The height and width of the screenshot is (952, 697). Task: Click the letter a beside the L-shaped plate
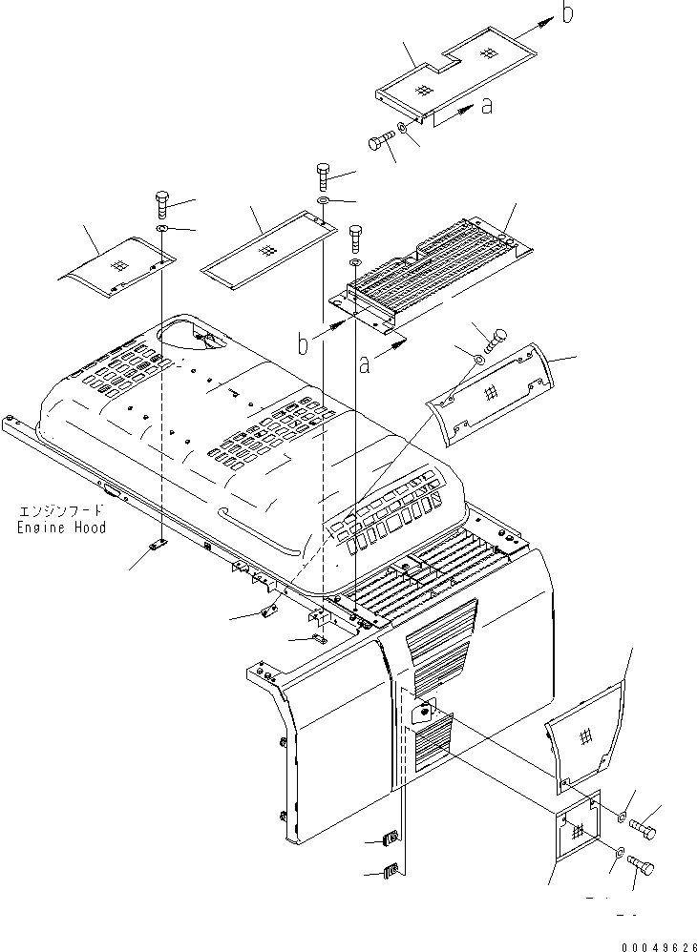click(487, 107)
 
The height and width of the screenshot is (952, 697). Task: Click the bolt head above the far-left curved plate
click(159, 203)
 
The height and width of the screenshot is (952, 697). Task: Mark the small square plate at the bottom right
click(577, 830)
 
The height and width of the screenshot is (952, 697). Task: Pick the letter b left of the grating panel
click(304, 344)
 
